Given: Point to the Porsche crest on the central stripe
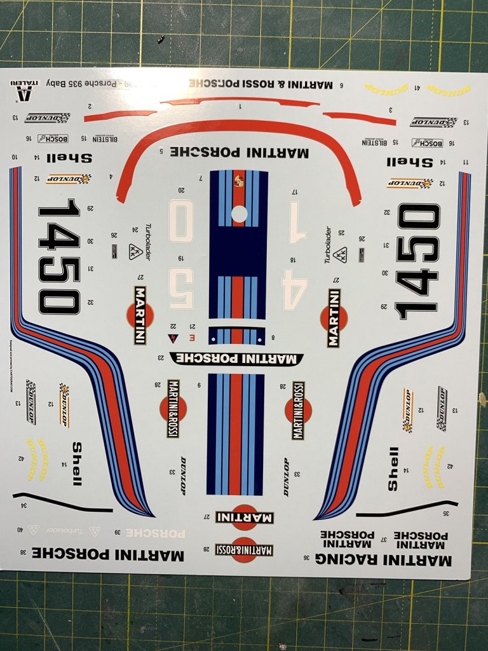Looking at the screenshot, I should (x=239, y=182).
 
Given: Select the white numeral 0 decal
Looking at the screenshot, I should (x=180, y=220).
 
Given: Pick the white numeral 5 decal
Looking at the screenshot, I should (x=181, y=289).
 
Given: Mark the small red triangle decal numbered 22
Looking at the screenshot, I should (x=171, y=338).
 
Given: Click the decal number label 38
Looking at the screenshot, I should (x=23, y=552).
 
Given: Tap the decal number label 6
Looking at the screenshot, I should (x=341, y=85).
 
